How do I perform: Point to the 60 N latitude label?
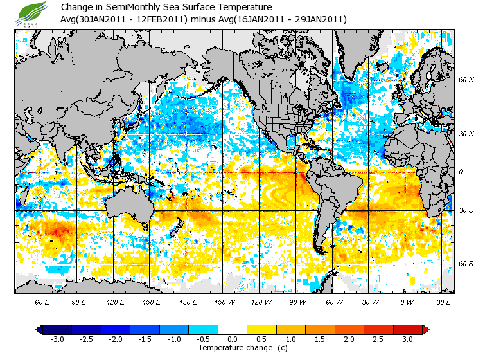466,80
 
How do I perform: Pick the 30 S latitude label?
466,211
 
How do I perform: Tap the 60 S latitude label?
466,264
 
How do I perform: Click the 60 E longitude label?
42,302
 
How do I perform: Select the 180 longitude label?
188,302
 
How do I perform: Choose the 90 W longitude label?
297,302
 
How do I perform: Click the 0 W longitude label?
407,302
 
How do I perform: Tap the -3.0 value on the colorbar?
56,339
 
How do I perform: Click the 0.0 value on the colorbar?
233,339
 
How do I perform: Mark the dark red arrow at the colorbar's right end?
425,329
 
